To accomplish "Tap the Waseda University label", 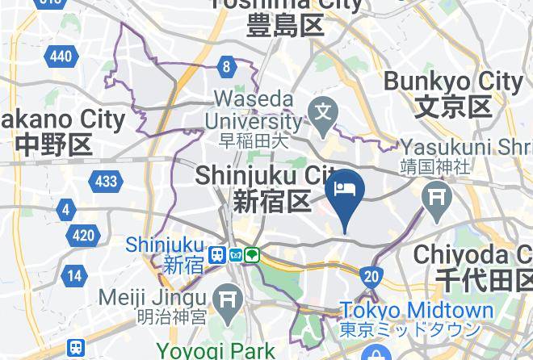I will [254, 110].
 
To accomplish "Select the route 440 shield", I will [61, 56].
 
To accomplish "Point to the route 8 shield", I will [228, 67].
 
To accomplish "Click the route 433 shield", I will [106, 181].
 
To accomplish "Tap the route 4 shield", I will [65, 211].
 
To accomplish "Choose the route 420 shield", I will [82, 237].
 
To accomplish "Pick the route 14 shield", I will [74, 275].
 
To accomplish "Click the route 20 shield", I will [371, 277].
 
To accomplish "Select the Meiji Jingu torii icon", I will [229, 296].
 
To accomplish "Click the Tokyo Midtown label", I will [417, 311].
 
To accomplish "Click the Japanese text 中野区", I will [53, 146].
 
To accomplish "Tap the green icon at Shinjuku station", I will [252, 255].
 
